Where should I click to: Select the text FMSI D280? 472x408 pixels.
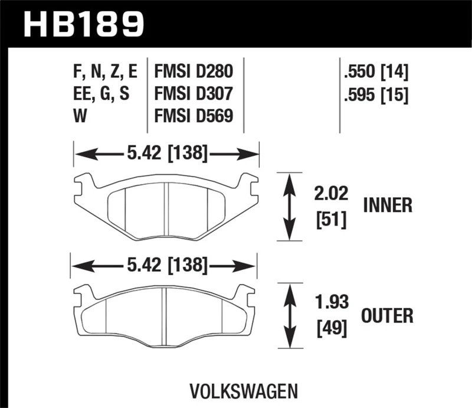click(194, 73)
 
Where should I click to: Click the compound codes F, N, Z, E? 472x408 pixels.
click(104, 73)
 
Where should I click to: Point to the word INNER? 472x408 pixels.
click(387, 205)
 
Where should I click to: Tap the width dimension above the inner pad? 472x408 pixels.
click(166, 155)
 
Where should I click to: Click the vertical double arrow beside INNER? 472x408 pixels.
click(289, 207)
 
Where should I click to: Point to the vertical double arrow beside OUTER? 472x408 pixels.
click(289, 317)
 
